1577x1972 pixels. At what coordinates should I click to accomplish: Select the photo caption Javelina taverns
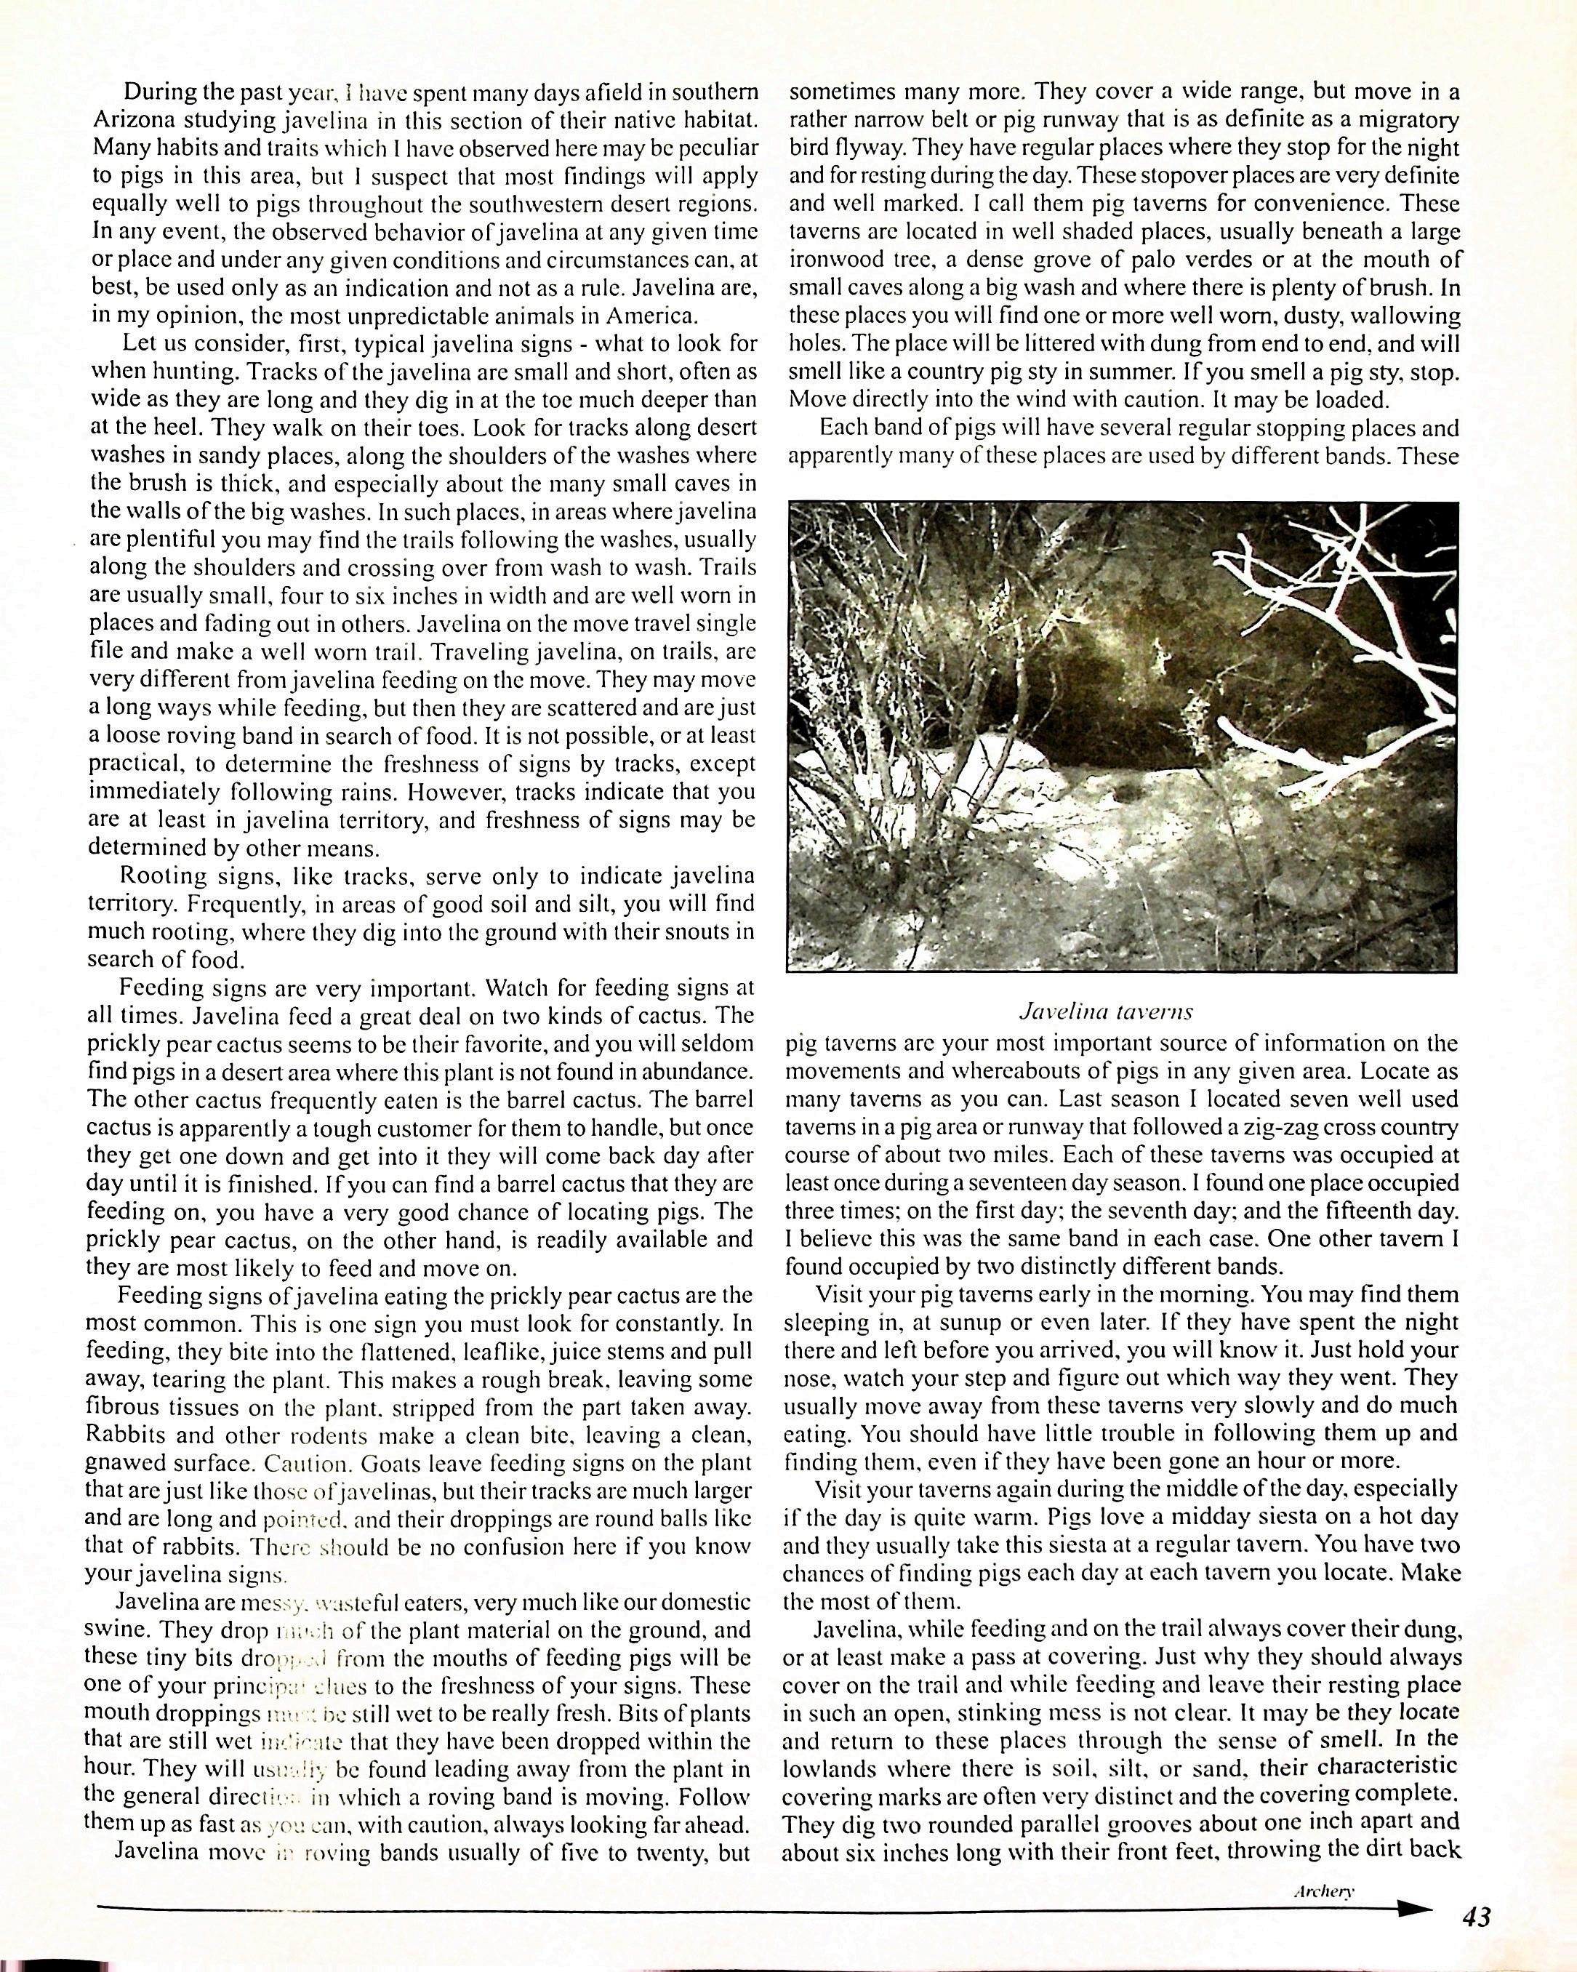point(1105,1011)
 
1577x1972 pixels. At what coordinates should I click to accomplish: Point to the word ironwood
point(834,259)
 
